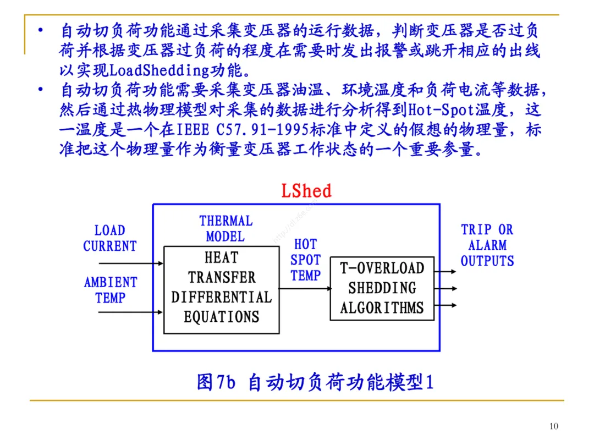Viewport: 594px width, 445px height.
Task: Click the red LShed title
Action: pos(306,191)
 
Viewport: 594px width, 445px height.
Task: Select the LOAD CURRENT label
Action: pos(109,238)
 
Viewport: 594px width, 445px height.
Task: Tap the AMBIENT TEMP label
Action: pos(110,290)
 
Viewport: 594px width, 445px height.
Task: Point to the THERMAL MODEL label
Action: pos(226,229)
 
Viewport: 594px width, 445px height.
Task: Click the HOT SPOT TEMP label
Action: pos(305,260)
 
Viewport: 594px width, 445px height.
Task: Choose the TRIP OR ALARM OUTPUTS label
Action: pos(487,245)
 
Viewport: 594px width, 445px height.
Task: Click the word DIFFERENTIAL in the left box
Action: pos(221,297)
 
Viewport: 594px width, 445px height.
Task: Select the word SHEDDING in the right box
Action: pos(382,288)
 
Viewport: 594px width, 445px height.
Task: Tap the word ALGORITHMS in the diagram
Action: pos(382,307)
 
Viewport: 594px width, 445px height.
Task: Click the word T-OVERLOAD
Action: pos(382,268)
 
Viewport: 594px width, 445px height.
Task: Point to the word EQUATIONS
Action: pos(221,317)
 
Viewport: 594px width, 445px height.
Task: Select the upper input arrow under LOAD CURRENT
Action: pos(131,264)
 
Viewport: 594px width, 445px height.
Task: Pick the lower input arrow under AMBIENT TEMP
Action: pos(131,313)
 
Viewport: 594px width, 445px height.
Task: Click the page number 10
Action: pos(553,426)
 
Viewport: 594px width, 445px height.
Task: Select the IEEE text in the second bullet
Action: pos(193,130)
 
